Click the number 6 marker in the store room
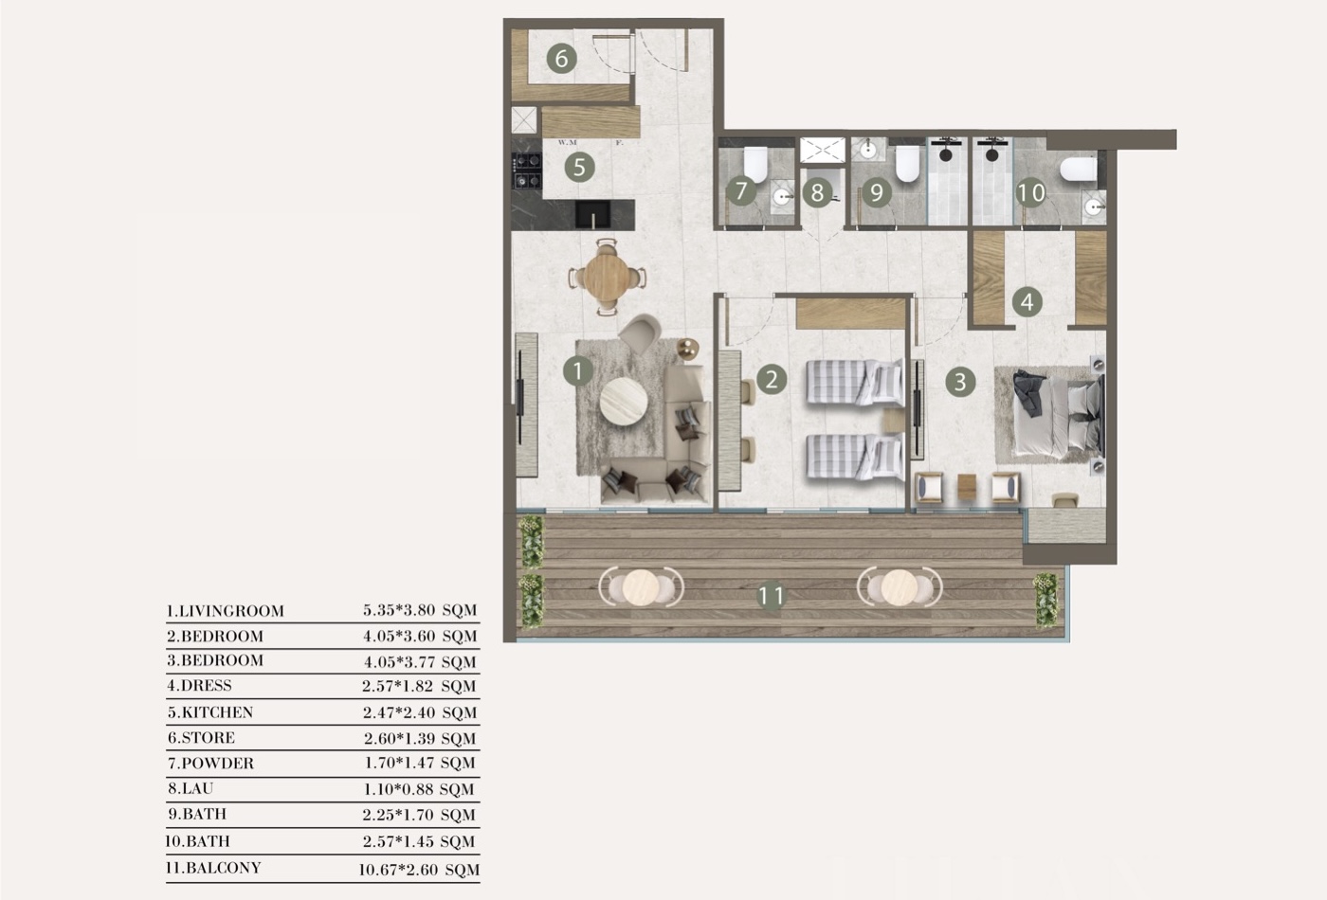[561, 59]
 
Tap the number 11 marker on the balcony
[771, 596]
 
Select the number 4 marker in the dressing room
[1027, 302]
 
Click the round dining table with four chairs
[607, 277]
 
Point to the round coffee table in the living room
[624, 402]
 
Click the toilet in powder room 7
[755, 164]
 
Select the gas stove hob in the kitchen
[527, 171]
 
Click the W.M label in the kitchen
[567, 143]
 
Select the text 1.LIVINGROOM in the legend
[226, 611]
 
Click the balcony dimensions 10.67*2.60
[397, 870]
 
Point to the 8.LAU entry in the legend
[191, 788]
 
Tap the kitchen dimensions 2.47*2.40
[399, 712]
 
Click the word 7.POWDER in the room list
[210, 764]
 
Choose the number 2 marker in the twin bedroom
[772, 379]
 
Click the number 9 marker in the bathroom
[877, 191]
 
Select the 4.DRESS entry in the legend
[200, 686]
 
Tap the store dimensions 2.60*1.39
[400, 738]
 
